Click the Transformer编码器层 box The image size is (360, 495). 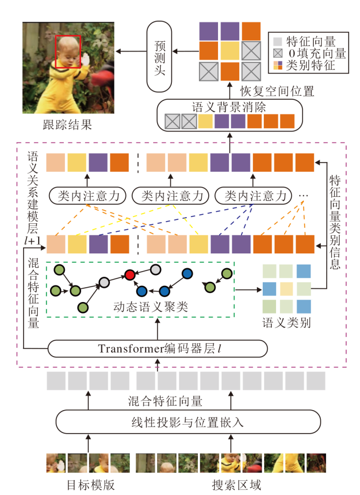pyautogui.click(x=158, y=349)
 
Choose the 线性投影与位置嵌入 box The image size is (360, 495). pyautogui.click(x=188, y=421)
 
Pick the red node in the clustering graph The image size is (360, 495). pyautogui.click(x=130, y=275)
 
